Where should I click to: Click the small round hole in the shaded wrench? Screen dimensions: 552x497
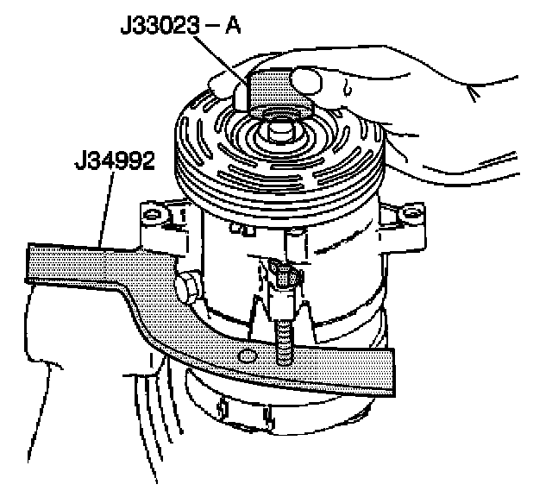tap(248, 356)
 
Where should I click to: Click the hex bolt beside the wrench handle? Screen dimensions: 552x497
tap(188, 284)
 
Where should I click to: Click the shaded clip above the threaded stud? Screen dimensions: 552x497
tap(285, 278)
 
